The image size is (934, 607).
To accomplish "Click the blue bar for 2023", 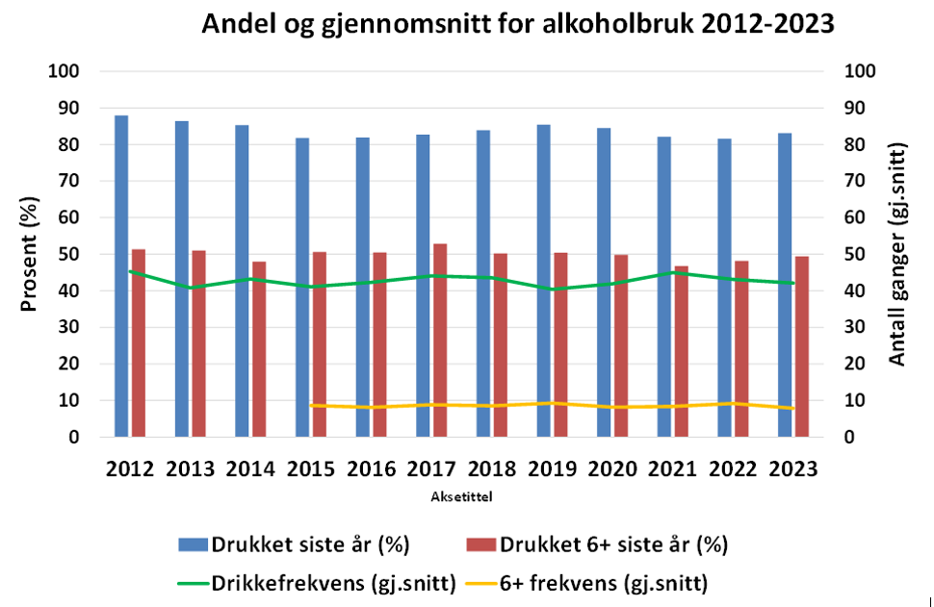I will tap(786, 285).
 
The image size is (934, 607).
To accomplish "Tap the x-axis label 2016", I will tap(372, 469).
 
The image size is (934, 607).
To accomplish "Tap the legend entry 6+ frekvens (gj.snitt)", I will tap(579, 583).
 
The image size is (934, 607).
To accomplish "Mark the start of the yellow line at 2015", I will tap(311, 405).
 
